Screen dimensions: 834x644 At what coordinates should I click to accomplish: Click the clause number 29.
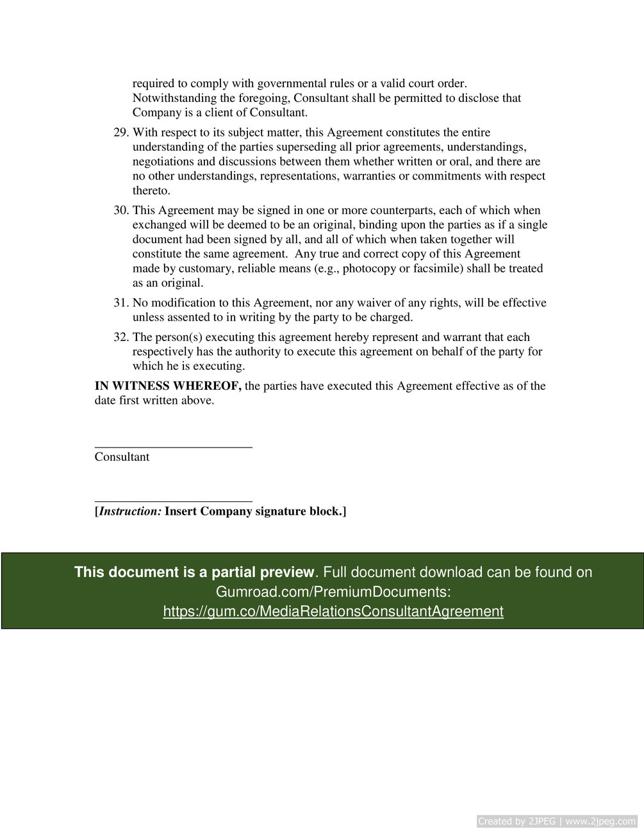click(121, 133)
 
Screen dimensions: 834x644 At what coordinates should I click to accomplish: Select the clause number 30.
click(121, 210)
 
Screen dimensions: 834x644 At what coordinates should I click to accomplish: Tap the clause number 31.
click(121, 303)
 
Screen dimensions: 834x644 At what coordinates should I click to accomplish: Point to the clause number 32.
click(121, 337)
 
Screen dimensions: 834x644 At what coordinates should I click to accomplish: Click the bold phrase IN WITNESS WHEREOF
click(168, 386)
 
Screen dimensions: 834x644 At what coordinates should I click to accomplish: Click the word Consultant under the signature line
click(122, 457)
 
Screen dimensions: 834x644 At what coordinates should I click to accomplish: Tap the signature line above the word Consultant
click(173, 447)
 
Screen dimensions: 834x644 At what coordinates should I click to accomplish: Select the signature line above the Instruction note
click(173, 501)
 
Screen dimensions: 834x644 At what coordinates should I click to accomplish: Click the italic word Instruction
click(129, 512)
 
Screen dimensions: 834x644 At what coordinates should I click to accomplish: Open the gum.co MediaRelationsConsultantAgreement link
click(333, 612)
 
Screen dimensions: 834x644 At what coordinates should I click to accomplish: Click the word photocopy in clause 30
click(369, 269)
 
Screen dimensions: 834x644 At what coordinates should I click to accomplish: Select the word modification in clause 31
click(185, 303)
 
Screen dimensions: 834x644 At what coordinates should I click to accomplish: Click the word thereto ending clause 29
click(151, 191)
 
